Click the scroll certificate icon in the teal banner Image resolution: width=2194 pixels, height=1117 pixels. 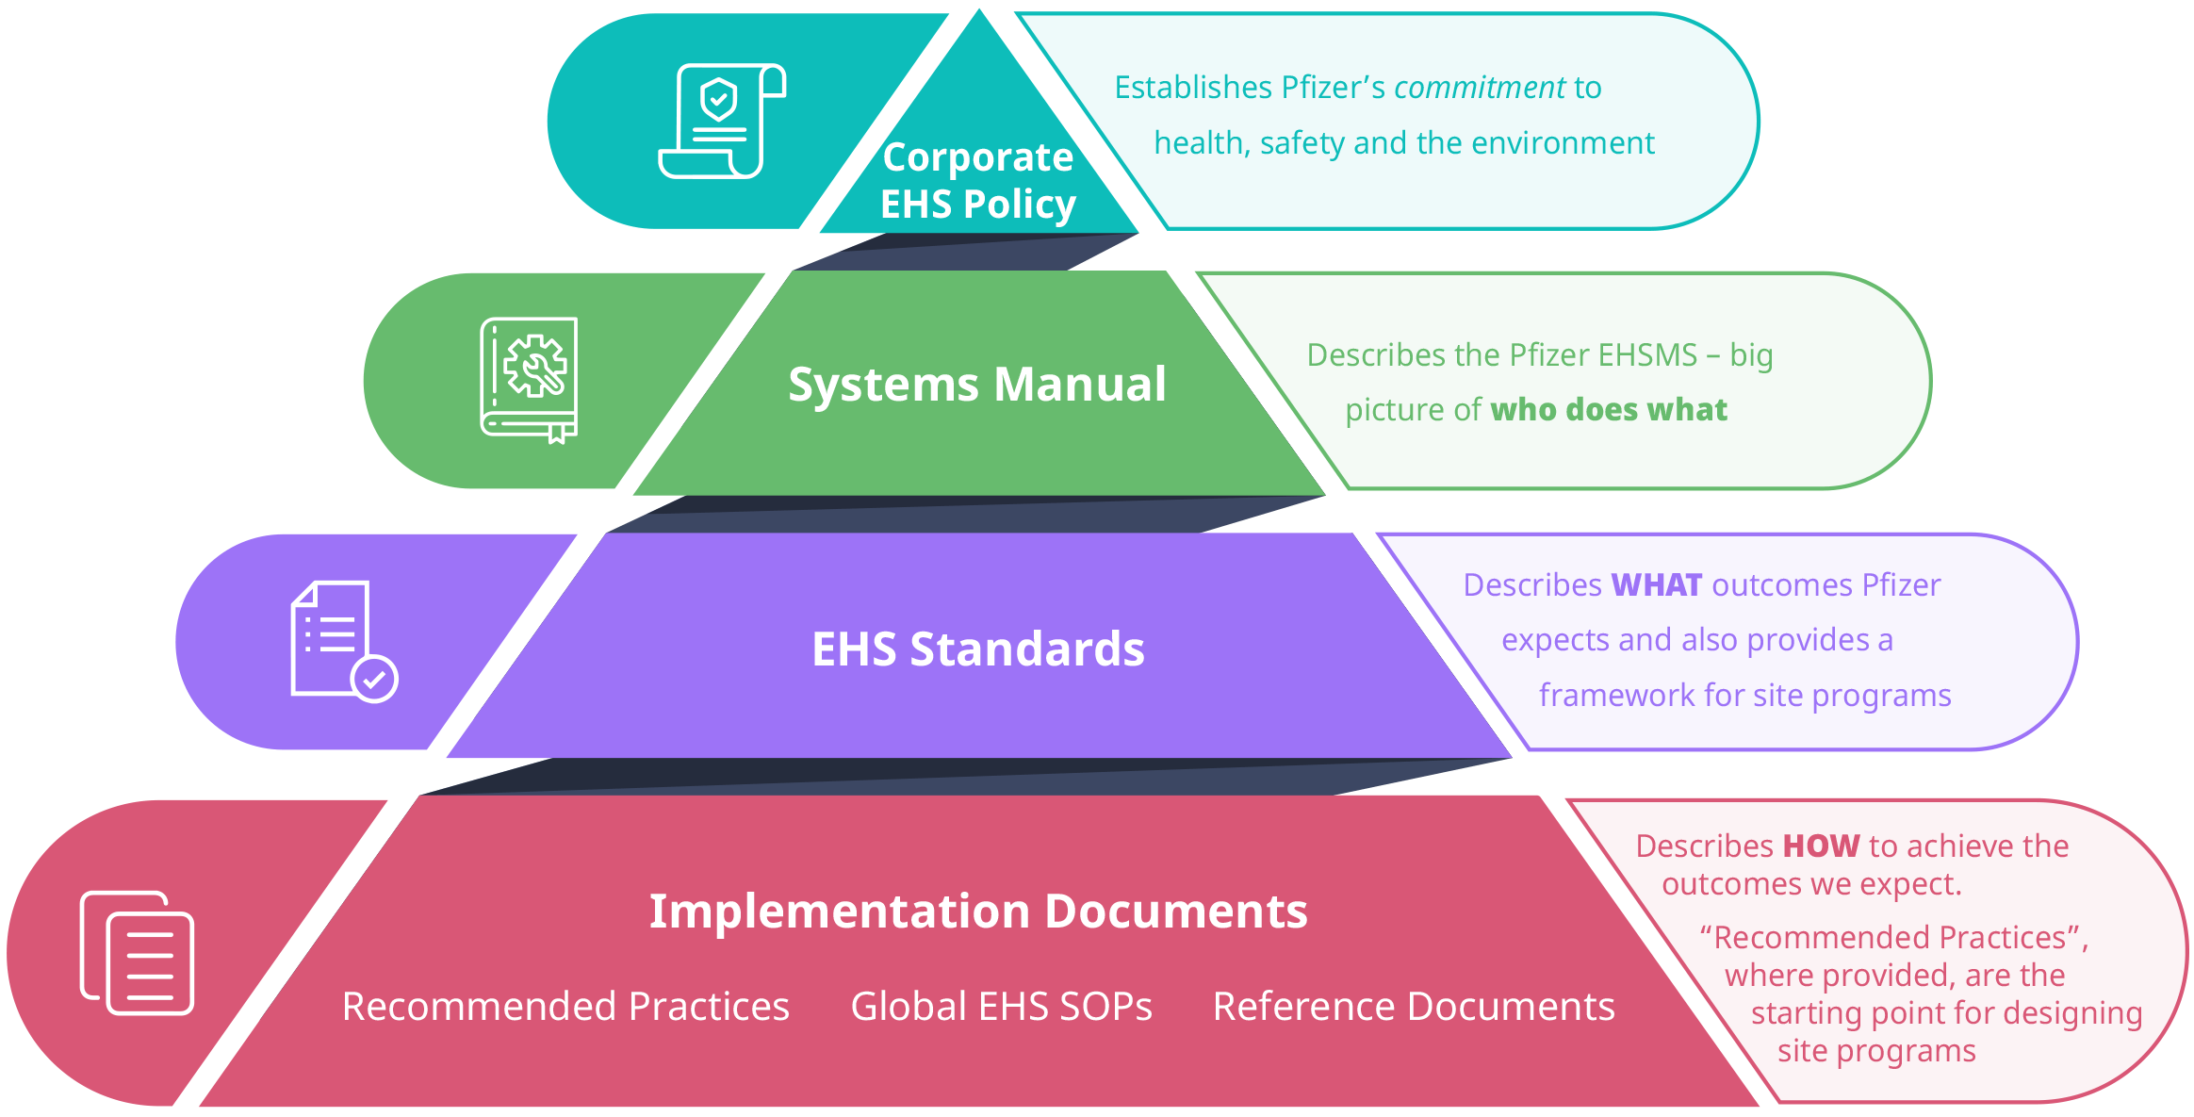(x=722, y=121)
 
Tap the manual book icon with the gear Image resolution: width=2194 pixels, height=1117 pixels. (x=529, y=380)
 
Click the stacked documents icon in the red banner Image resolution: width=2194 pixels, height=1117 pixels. (x=138, y=952)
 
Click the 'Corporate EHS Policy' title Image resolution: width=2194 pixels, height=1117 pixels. (x=978, y=180)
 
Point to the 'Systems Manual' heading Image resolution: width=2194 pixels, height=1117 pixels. (x=976, y=385)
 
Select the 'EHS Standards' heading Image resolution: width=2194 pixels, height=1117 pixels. (x=978, y=649)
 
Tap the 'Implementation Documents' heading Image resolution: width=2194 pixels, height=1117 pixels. (x=978, y=911)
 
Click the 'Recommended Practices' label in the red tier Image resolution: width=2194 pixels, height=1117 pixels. (x=565, y=1006)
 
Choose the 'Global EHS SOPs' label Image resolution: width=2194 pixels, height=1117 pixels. (x=1001, y=1006)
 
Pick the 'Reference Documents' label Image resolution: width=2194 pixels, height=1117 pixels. (x=1414, y=1006)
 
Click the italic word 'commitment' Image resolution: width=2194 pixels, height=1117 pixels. (x=1479, y=88)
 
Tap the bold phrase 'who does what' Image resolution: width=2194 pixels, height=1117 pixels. (x=1609, y=410)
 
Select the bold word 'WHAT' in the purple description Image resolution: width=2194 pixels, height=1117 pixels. (x=1656, y=585)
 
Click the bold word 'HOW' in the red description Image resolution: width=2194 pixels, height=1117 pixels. (x=1821, y=846)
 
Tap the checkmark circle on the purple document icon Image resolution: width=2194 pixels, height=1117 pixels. (x=375, y=678)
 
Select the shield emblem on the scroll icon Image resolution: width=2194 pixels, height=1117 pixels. (x=719, y=98)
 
